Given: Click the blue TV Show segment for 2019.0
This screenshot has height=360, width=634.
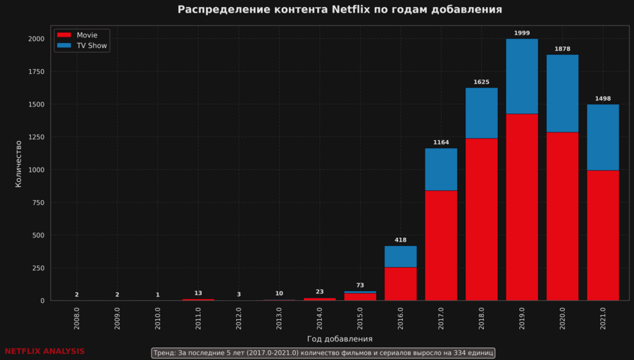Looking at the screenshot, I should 522,76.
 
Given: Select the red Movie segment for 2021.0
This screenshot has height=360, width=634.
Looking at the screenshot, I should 603,235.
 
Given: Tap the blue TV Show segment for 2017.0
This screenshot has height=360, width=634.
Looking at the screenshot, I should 441,169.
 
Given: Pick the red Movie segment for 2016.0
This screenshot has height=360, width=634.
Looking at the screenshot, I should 400,284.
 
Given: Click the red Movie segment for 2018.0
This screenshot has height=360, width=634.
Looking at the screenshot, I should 481,219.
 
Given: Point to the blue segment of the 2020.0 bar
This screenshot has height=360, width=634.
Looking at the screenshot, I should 562,93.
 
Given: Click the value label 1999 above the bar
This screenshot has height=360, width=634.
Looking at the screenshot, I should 522,33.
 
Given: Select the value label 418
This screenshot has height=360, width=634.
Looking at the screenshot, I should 400,240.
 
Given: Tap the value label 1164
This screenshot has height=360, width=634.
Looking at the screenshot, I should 441,142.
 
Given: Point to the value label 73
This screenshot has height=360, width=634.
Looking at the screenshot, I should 360,285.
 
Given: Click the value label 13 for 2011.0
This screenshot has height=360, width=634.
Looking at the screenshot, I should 198,293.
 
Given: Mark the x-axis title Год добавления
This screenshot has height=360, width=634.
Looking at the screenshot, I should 340,339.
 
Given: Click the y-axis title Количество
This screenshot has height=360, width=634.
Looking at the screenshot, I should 19,163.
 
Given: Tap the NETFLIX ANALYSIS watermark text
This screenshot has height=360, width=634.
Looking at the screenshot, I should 44,351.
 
